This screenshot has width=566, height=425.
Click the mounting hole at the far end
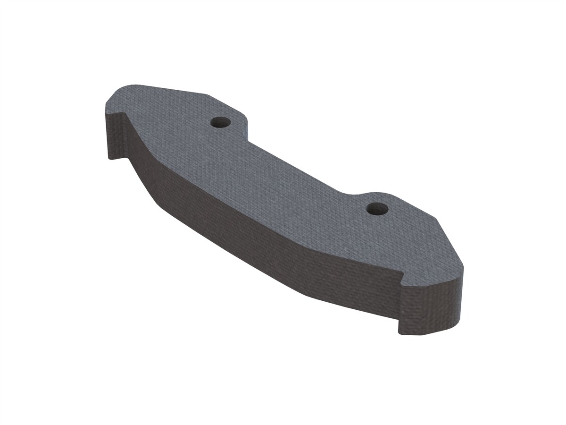click(220, 123)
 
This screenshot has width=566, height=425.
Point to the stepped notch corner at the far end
click(124, 113)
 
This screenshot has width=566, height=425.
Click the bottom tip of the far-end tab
click(112, 158)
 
